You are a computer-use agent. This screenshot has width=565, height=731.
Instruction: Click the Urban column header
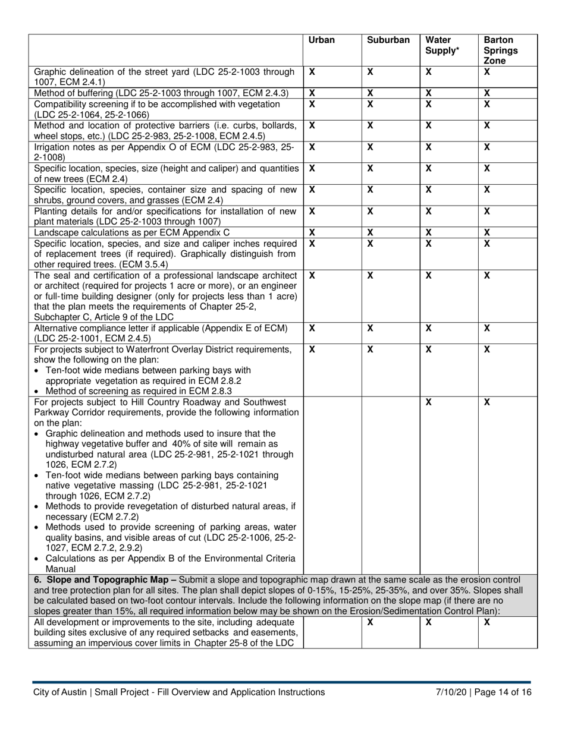tap(322, 40)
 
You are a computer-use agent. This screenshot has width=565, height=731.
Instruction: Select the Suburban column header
tap(388, 40)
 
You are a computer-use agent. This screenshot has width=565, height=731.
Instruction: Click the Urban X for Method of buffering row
tap(312, 93)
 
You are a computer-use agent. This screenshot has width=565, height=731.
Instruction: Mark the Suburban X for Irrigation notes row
tap(370, 147)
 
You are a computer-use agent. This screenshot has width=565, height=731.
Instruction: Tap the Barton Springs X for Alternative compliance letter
tap(486, 327)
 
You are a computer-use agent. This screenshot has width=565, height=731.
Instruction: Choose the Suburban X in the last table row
tap(370, 621)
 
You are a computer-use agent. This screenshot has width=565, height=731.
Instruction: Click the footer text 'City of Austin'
tap(61, 692)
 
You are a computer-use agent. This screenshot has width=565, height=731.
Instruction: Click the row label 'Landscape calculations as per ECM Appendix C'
tap(131, 232)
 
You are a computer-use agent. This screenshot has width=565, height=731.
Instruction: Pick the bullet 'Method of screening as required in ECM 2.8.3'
tap(139, 390)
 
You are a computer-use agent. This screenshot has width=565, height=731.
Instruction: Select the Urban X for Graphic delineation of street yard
tap(312, 71)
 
